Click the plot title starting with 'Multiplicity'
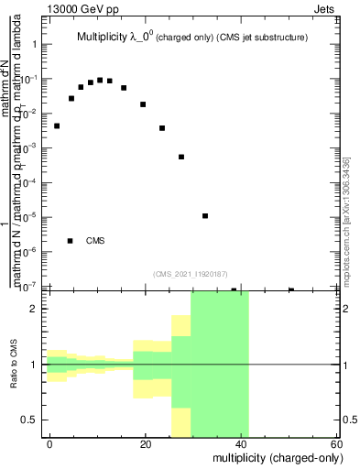[191, 38]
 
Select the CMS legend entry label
[95, 241]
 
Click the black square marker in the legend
[71, 241]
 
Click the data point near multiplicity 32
[205, 216]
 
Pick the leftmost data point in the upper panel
[57, 125]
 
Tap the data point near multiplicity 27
[181, 157]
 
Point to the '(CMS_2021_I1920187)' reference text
[191, 273]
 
